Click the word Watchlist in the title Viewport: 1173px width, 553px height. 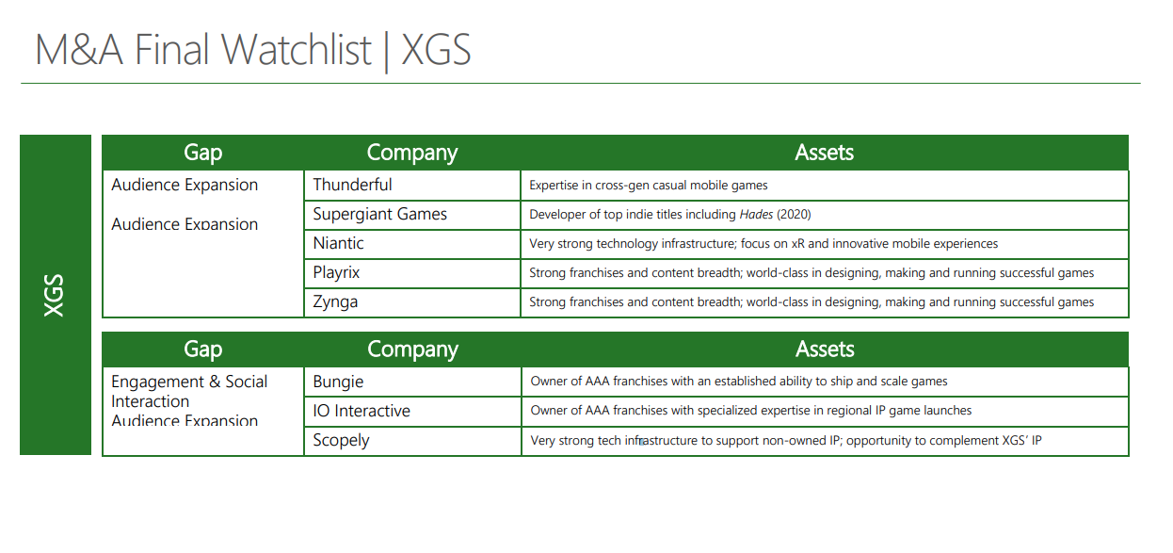point(296,50)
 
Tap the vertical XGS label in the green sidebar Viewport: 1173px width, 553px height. point(54,295)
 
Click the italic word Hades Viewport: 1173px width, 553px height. point(756,215)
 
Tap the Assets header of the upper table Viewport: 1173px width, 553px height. point(825,153)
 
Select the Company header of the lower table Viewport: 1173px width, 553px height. point(412,350)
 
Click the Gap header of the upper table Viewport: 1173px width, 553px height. point(203,153)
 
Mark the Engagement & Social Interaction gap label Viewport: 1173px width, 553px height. point(189,391)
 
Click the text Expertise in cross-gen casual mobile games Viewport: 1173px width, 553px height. point(649,186)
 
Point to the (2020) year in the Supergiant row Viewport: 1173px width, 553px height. point(794,215)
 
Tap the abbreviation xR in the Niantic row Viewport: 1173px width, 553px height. point(797,244)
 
